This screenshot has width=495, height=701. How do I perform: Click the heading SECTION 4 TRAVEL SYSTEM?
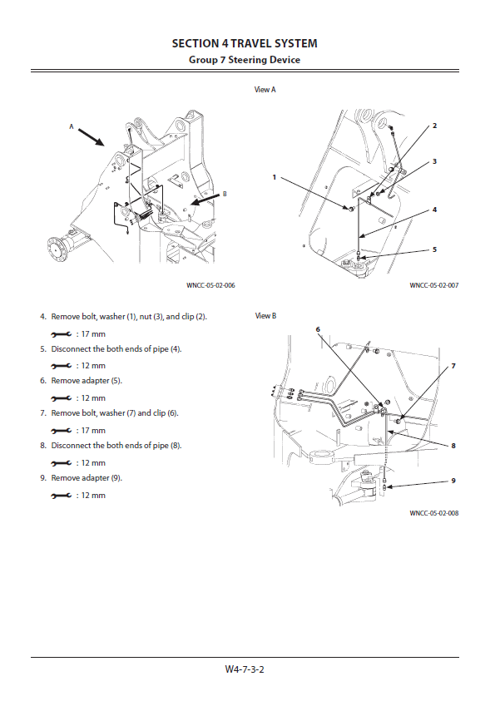(x=245, y=43)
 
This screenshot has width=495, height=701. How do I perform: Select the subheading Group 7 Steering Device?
(x=245, y=60)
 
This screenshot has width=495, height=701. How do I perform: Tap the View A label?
(x=265, y=90)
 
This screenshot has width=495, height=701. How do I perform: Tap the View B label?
(x=265, y=316)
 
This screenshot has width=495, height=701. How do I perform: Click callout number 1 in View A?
(x=275, y=177)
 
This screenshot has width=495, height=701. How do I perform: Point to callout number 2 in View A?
(x=434, y=126)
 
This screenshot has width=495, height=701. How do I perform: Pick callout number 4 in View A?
(x=434, y=210)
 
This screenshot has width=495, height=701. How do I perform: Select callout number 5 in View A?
(x=434, y=249)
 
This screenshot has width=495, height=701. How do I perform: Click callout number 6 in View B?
(x=318, y=329)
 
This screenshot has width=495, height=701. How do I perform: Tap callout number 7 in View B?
(x=453, y=366)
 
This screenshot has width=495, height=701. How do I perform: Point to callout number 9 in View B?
(x=453, y=481)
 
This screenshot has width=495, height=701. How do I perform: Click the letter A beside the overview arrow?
(x=71, y=126)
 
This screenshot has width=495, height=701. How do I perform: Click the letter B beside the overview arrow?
(x=225, y=194)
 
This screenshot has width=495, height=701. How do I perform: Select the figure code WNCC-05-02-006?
(x=210, y=285)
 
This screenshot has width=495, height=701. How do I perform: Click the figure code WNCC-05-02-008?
(x=433, y=513)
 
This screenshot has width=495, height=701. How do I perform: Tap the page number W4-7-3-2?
(x=245, y=669)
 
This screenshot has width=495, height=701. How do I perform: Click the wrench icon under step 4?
(x=62, y=334)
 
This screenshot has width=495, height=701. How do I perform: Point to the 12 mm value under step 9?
(x=93, y=496)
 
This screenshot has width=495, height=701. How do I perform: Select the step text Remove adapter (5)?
(x=87, y=381)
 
